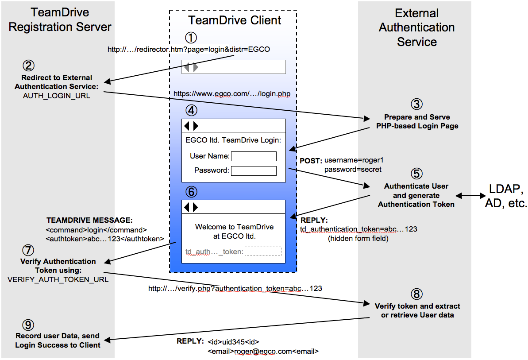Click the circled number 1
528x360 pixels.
click(x=191, y=38)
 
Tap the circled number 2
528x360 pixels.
click(x=29, y=66)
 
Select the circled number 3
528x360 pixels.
click(x=416, y=104)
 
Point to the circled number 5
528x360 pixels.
click(x=416, y=174)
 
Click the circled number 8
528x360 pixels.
click(x=416, y=294)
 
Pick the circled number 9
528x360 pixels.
click(x=28, y=325)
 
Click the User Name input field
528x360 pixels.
click(x=254, y=156)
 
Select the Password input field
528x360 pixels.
click(x=254, y=171)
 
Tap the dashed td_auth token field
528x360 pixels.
click(x=263, y=251)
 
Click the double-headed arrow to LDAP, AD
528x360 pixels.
click(x=471, y=196)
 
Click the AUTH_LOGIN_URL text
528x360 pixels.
click(x=57, y=96)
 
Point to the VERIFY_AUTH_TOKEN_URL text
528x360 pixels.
click(x=58, y=279)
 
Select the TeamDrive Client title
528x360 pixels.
click(x=235, y=20)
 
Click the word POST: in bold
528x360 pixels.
click(x=311, y=161)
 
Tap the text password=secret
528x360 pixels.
click(x=353, y=170)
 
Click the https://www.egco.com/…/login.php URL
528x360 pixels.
click(x=231, y=93)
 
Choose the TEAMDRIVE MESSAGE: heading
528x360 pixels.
click(x=89, y=220)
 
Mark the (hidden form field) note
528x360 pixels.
click(x=358, y=238)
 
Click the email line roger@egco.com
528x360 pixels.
click(x=263, y=352)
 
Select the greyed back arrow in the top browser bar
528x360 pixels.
click(x=186, y=67)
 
